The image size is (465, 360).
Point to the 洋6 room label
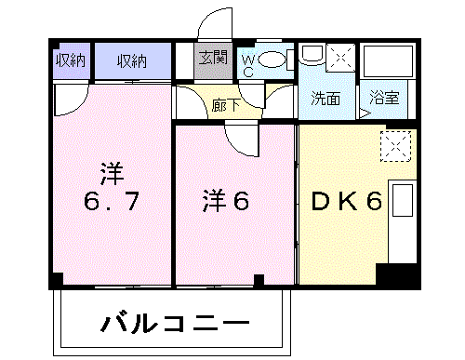(227, 200)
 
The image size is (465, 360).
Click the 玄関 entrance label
(211, 58)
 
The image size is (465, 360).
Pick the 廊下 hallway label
(226, 105)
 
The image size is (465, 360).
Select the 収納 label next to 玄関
(132, 61)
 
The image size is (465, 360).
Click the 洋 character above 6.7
(113, 172)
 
